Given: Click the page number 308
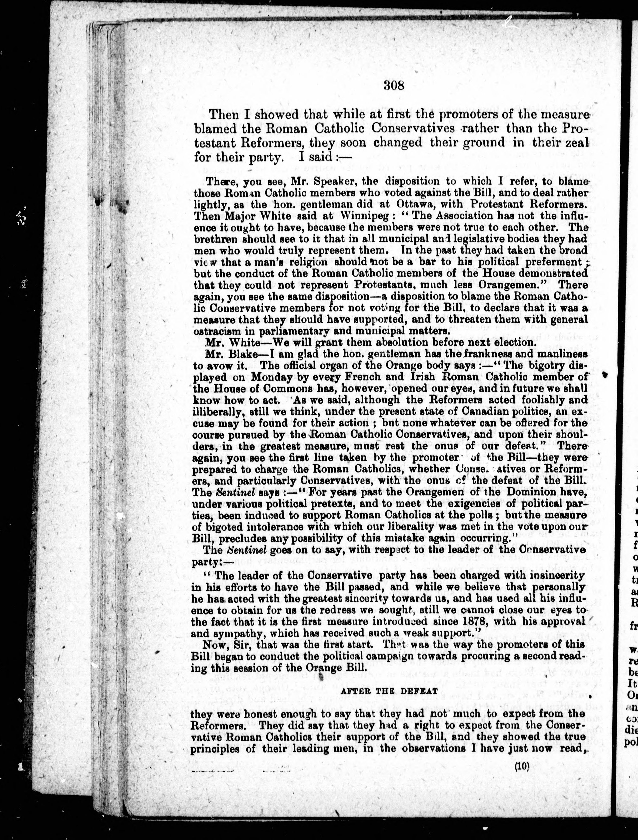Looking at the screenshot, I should pos(394,86).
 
